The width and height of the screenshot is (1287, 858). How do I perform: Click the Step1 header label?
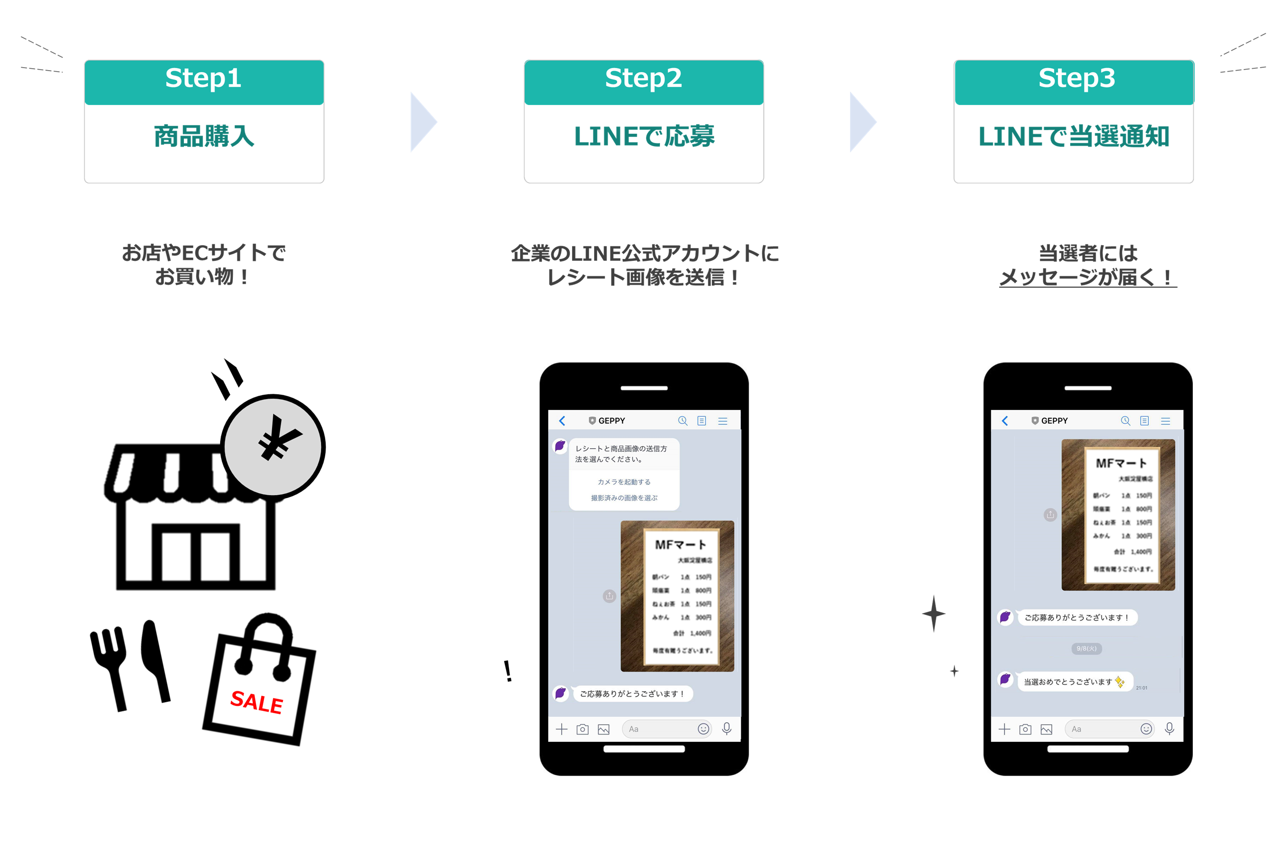tap(203, 78)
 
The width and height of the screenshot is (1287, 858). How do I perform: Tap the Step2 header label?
tap(643, 78)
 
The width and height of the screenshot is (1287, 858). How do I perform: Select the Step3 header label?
tap(1076, 78)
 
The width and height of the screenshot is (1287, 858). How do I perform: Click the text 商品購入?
tap(204, 136)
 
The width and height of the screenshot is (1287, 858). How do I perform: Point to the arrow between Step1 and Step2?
tap(423, 122)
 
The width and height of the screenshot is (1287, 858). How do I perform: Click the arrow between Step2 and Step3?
tap(862, 122)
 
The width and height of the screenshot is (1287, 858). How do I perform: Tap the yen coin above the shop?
tap(273, 446)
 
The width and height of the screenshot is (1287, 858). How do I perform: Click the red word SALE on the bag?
tap(256, 702)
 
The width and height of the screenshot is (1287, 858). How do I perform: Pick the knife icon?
tap(155, 659)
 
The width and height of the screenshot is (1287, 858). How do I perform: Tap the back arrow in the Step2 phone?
tap(562, 421)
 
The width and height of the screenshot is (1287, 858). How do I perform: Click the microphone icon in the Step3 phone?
tap(1169, 729)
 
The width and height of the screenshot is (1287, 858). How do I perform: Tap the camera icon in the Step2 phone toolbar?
tap(582, 730)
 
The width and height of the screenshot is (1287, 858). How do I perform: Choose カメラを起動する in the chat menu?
tap(624, 482)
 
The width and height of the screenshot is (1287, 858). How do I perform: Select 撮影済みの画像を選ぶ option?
tap(624, 498)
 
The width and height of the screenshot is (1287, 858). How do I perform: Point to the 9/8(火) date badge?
tap(1086, 649)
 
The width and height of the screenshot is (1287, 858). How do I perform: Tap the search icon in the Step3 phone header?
tap(1125, 421)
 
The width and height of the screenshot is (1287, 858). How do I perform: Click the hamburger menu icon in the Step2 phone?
tap(723, 421)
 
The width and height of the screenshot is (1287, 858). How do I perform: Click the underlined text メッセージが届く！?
tap(1087, 278)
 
